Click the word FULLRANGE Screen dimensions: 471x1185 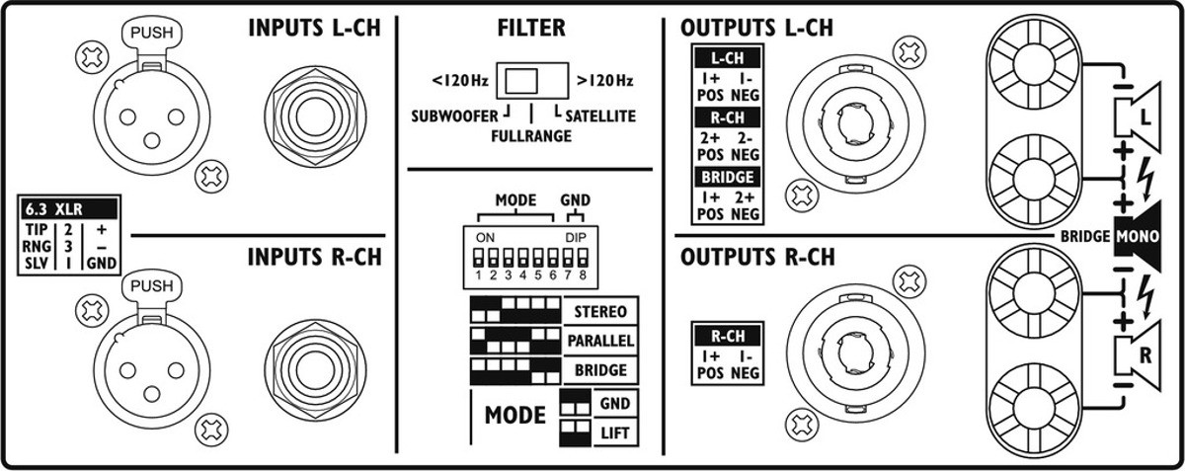(x=531, y=137)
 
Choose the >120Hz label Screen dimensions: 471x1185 (x=604, y=79)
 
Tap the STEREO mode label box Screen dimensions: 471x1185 (x=599, y=312)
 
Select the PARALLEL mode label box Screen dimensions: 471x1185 (x=599, y=341)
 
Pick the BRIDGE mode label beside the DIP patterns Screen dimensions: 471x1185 (x=599, y=369)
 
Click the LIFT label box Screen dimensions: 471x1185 (x=614, y=432)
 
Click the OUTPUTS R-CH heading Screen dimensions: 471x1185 (x=758, y=258)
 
